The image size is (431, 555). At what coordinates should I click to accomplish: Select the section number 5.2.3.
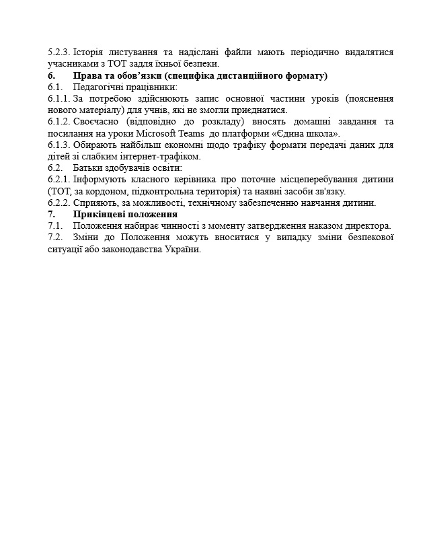(x=59, y=52)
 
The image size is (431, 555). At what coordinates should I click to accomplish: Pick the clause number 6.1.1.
(x=59, y=99)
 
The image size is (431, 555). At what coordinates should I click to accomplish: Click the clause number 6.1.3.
(x=59, y=145)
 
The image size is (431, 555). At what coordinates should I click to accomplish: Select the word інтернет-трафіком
(x=161, y=157)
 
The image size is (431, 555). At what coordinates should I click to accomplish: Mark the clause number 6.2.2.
(x=59, y=203)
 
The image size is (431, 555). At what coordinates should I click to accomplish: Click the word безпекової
(x=364, y=237)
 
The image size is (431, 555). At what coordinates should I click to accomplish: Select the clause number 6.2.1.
(x=59, y=180)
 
